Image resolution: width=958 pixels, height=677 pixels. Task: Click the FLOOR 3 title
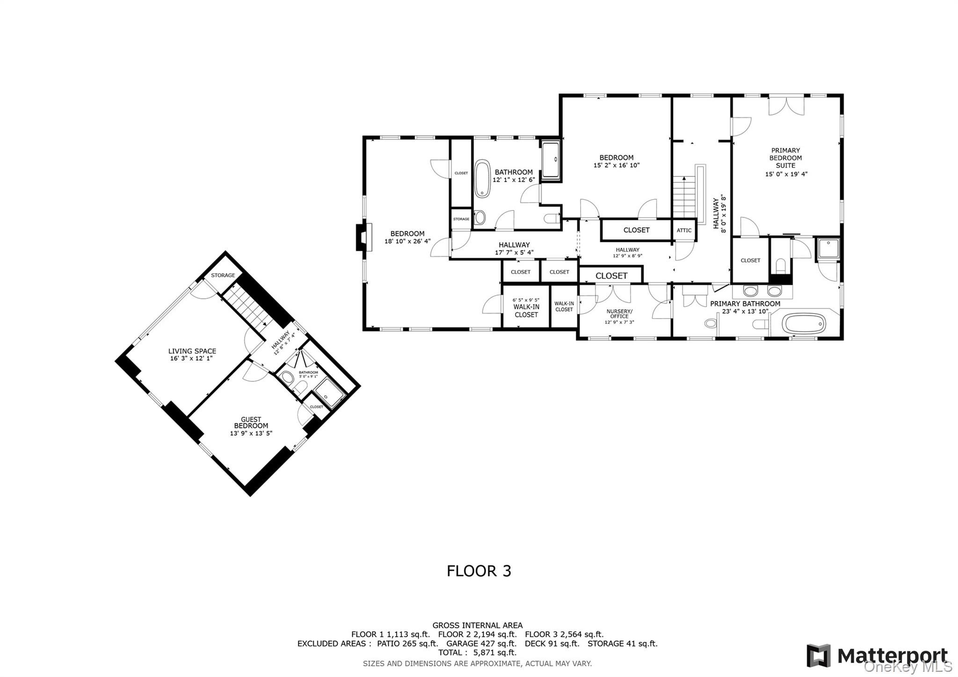point(479,571)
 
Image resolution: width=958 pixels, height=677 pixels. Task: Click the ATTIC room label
point(684,230)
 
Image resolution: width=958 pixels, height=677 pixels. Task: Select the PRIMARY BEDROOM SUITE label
point(785,158)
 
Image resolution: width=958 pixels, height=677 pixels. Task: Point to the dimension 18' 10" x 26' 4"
point(407,241)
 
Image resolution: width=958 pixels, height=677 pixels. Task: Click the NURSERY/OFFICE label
point(619,313)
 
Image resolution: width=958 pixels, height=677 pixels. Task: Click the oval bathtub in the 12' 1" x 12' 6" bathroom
point(482,179)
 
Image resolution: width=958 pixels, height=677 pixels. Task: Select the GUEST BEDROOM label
point(251,422)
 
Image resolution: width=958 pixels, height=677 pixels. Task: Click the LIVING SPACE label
point(192,351)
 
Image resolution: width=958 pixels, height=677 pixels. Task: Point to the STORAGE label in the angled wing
point(223,275)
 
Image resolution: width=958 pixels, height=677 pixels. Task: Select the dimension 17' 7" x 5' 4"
point(514,252)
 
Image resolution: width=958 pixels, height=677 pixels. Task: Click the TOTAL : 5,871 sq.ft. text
point(477,652)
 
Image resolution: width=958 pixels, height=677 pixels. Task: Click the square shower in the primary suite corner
point(828,248)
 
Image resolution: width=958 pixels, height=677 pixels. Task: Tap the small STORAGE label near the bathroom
point(461,219)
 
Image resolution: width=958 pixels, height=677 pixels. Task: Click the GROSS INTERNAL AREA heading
point(477,625)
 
